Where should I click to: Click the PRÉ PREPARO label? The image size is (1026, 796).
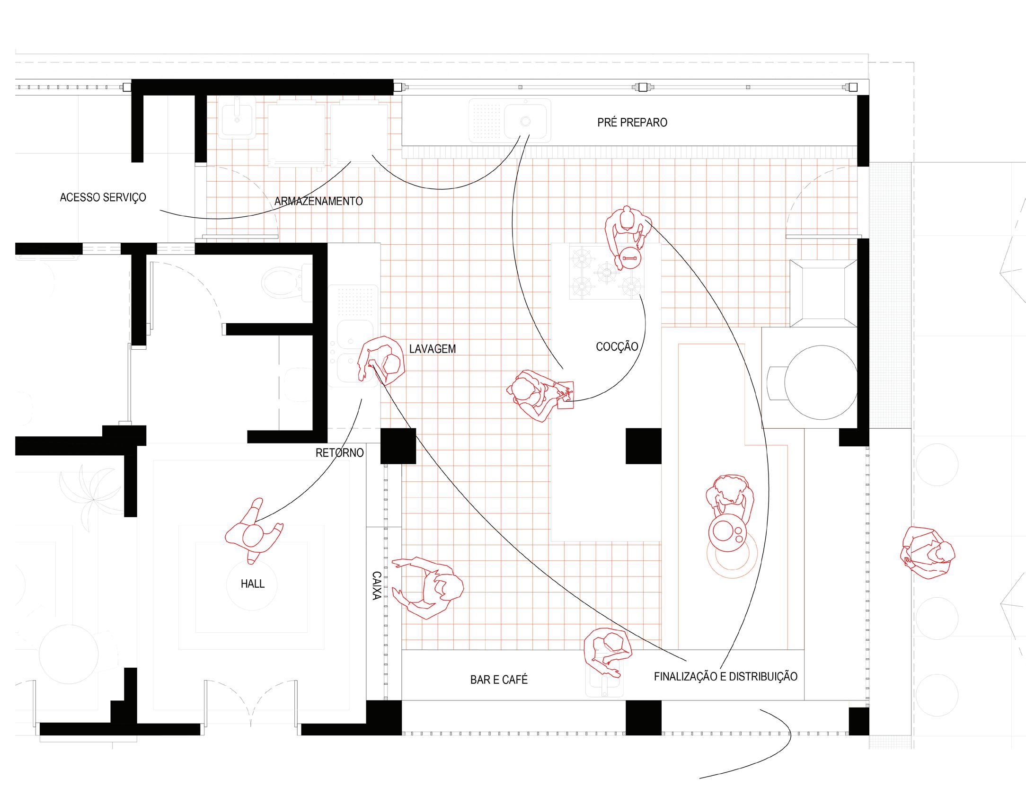[x=632, y=123]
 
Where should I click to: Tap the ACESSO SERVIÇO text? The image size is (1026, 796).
[x=103, y=197]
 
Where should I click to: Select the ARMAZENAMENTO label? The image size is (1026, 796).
[x=318, y=201]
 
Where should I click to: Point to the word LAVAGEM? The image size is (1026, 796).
[x=433, y=349]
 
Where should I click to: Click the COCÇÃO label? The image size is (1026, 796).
[x=617, y=347]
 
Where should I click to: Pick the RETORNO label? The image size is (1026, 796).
[x=339, y=453]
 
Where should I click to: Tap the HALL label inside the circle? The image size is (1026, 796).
[x=252, y=584]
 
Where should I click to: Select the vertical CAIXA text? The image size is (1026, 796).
[x=377, y=585]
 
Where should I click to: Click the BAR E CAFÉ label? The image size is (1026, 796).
[x=499, y=680]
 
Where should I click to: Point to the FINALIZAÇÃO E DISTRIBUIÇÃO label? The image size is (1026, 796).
[x=725, y=677]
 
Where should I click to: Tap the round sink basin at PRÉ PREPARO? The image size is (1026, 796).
[x=525, y=121]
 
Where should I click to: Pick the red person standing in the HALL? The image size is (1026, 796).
[x=254, y=532]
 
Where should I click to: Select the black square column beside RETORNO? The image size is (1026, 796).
[x=398, y=446]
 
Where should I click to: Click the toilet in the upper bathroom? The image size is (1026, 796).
[x=286, y=283]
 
